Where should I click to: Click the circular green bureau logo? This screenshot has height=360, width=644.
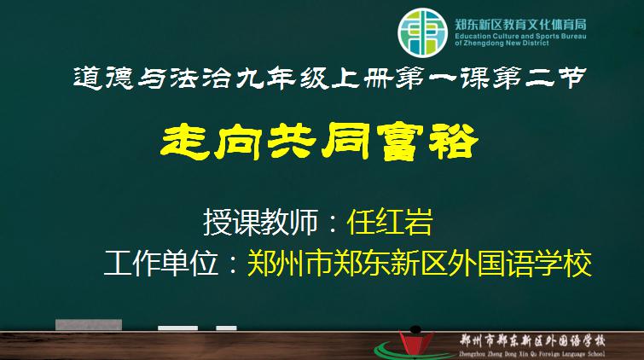coord(422,32)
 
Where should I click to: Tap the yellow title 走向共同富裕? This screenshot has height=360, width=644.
coord(320,142)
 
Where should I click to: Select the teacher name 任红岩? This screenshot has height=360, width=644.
coord(390,222)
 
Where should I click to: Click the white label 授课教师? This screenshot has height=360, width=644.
coord(261,222)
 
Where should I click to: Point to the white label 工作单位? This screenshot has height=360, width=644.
coord(161,263)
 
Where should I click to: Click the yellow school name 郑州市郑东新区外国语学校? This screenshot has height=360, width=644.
coord(420,263)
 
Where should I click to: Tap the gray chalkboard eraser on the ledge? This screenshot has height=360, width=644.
coord(89,325)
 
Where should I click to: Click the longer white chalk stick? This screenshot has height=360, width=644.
coord(177,328)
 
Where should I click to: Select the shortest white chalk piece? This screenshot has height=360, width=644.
coord(226,328)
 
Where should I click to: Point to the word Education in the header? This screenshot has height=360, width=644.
coord(473,36)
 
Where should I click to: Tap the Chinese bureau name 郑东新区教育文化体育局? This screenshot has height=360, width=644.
coord(520,25)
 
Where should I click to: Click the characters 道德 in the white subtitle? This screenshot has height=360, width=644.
coord(103,78)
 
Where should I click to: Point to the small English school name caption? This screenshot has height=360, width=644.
coord(532,353)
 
